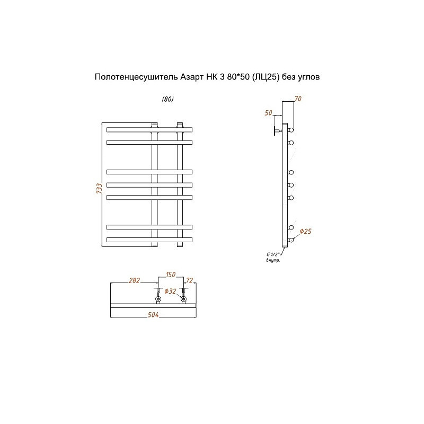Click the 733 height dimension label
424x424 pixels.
pyautogui.click(x=100, y=188)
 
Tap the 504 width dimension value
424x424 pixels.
pyautogui.click(x=153, y=314)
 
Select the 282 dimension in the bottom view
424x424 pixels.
pyautogui.click(x=135, y=280)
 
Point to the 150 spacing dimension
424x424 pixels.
pyautogui.click(x=171, y=275)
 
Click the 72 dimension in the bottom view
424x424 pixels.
pyautogui.click(x=189, y=280)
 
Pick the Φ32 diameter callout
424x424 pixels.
pyautogui.click(x=170, y=291)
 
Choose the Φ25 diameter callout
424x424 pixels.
pyautogui.click(x=306, y=231)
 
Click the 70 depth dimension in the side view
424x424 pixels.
pyautogui.click(x=298, y=99)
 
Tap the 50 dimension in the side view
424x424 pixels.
pyautogui.click(x=268, y=113)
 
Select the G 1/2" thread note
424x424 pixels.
pyautogui.click(x=272, y=254)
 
